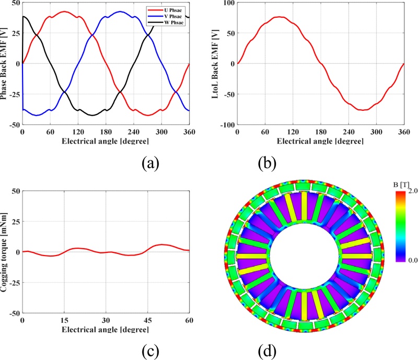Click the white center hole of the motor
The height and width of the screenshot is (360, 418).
(308, 258)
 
